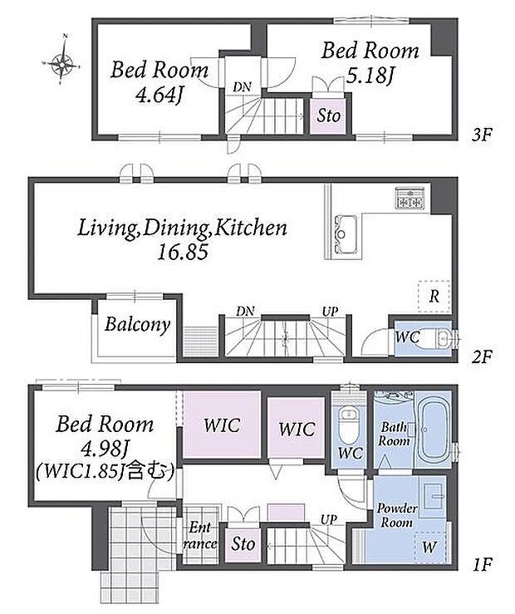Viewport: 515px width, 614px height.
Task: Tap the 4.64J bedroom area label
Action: coord(159,95)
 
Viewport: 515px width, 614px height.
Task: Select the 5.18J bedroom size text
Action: coord(370,76)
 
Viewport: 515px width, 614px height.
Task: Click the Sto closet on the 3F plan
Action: coord(328,116)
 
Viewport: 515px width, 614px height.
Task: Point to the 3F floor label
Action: coord(481,135)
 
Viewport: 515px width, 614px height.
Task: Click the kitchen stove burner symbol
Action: coord(410,198)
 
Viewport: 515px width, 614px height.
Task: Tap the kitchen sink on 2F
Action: coord(346,234)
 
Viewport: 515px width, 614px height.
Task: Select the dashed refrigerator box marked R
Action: coord(434,297)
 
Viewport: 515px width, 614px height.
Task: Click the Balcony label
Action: coord(137,325)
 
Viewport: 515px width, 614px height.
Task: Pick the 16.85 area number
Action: coord(183,253)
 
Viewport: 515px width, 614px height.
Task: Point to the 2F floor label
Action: coord(481,356)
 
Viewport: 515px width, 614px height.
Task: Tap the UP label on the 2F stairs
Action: coord(330,312)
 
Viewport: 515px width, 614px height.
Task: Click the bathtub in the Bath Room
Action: coord(433,430)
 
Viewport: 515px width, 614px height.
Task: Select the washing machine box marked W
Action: coord(430,548)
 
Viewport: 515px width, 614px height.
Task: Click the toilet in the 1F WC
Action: coord(346,425)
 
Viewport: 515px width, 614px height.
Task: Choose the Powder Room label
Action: coord(396,515)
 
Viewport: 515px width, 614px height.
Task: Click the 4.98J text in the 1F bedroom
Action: coord(105,449)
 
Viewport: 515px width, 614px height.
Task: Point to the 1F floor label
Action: coord(481,564)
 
